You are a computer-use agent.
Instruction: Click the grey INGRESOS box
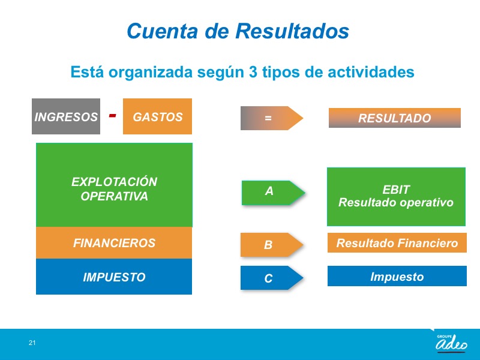(66, 116)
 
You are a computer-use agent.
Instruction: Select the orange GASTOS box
(157, 116)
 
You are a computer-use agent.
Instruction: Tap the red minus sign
(113, 115)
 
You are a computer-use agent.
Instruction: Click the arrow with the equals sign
(272, 118)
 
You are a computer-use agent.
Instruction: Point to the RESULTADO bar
(395, 118)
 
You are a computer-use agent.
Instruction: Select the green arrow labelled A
(273, 193)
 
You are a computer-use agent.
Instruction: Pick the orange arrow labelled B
(272, 245)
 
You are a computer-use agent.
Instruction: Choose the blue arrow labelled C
(272, 278)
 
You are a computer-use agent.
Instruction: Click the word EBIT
(396, 190)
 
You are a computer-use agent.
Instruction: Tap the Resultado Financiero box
(397, 243)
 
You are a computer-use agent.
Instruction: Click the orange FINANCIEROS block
(114, 243)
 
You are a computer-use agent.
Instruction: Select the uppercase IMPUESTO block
(114, 277)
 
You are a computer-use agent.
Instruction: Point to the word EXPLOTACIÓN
(114, 181)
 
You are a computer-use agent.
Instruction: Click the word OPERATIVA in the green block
(114, 196)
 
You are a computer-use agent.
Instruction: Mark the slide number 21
(32, 343)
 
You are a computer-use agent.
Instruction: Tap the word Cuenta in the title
(162, 31)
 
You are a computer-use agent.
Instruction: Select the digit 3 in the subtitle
(253, 72)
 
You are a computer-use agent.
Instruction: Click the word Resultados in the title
(292, 31)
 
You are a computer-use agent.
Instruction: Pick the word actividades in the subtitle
(371, 72)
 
